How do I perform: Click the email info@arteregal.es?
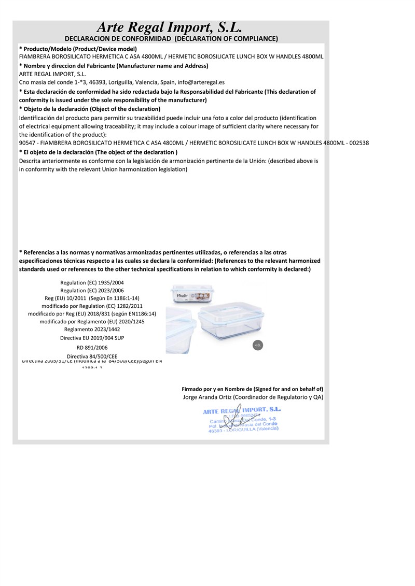pos(201,82)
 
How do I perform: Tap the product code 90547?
pos(27,143)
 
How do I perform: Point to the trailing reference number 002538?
pos(358,143)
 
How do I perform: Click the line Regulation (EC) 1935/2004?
pos(92,282)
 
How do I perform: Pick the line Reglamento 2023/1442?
pos(92,329)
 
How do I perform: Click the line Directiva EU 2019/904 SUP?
pos(92,338)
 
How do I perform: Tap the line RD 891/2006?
pos(92,348)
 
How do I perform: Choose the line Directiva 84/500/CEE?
pos(92,356)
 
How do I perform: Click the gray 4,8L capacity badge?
pos(258,345)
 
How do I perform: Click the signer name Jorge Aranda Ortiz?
pos(208,397)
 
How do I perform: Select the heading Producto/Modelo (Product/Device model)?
pos(77,49)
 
